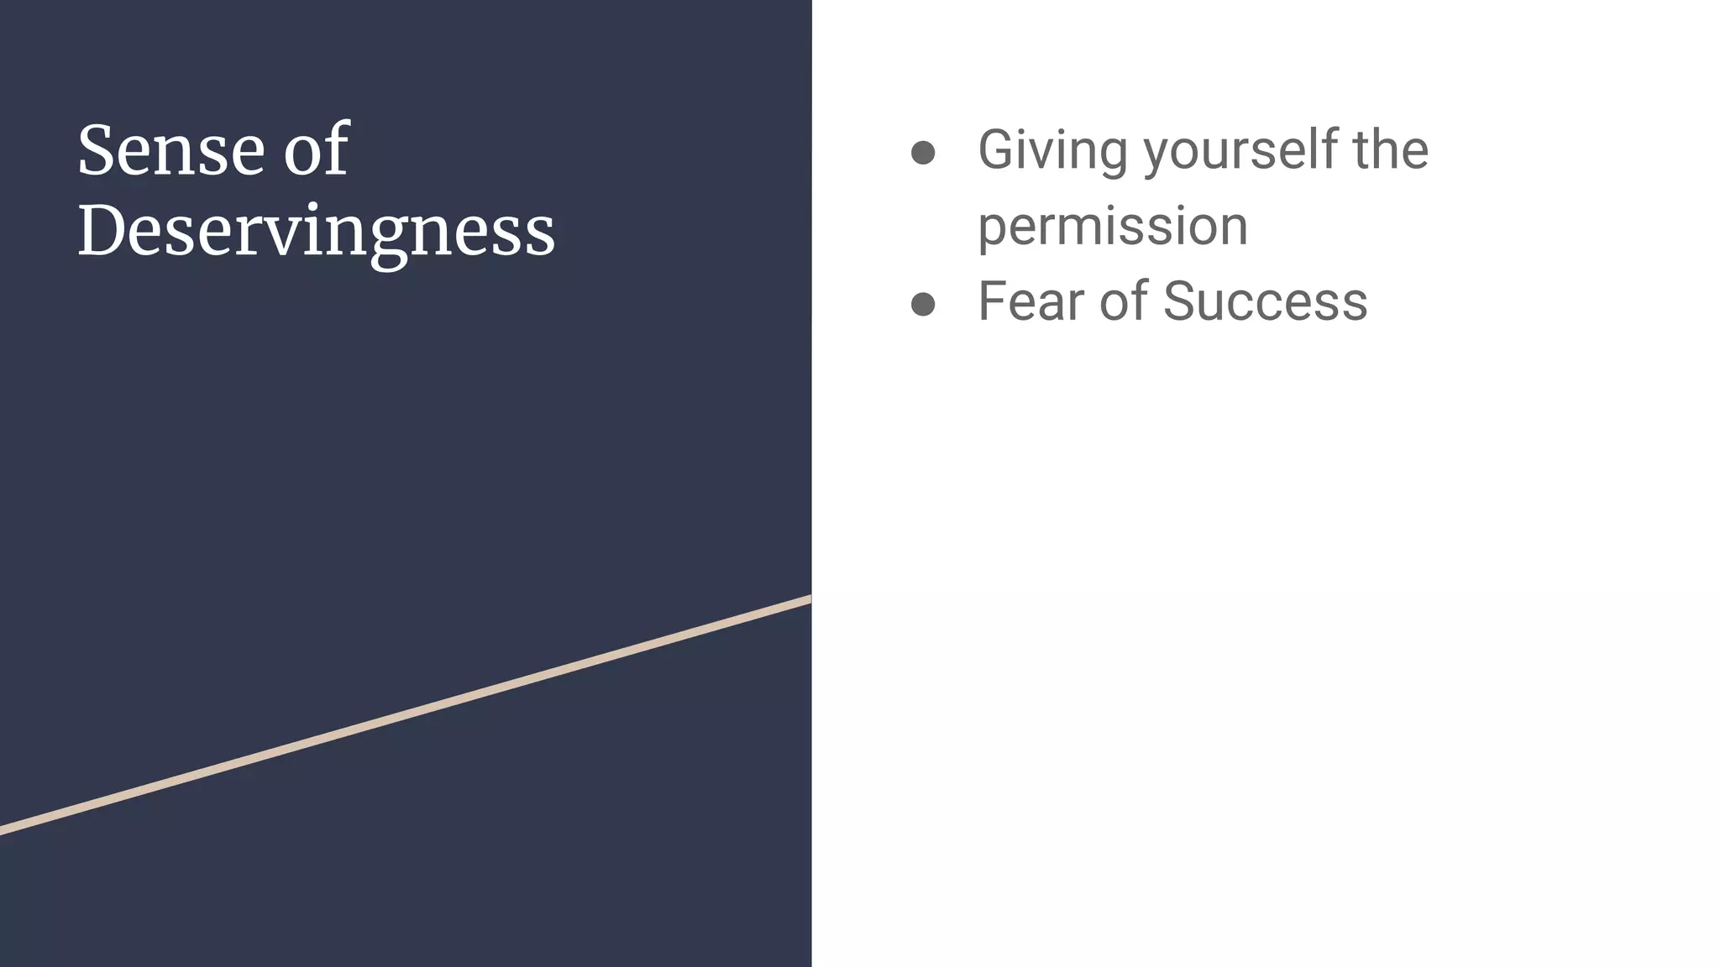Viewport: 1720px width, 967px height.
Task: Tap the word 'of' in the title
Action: pos(316,150)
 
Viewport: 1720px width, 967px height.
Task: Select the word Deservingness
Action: pos(316,230)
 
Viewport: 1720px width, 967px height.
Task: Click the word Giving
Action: pos(1052,150)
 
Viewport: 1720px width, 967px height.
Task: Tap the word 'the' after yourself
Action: pos(1390,150)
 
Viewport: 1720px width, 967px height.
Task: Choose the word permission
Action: pos(1113,227)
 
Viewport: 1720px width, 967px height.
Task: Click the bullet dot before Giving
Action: pos(923,153)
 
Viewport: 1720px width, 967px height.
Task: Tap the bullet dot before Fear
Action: pos(923,304)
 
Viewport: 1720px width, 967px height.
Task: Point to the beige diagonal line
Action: pos(403,716)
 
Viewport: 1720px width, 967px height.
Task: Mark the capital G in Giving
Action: pos(999,150)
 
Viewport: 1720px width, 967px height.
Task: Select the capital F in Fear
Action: pos(993,301)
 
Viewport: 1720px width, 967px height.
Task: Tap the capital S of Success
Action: pos(1182,301)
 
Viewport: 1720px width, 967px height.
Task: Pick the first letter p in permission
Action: pos(994,230)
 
